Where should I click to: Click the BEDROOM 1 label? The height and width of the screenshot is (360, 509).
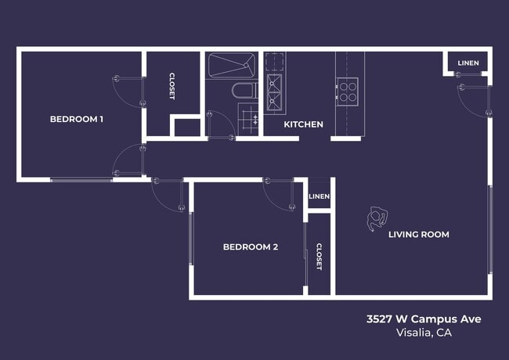77,120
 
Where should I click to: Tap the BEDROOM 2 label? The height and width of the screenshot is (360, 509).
251,247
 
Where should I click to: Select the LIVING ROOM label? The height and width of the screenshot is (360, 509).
418,234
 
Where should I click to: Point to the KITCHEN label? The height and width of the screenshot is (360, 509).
303,124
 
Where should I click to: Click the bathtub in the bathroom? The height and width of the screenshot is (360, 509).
232,65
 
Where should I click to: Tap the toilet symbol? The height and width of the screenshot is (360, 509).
244,91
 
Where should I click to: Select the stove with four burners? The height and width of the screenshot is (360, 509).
347,92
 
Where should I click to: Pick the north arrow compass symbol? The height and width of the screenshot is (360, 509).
376,219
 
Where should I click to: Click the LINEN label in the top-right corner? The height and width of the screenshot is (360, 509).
468,63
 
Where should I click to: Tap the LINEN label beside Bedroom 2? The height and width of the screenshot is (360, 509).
319,196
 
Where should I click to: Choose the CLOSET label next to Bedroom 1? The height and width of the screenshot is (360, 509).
172,86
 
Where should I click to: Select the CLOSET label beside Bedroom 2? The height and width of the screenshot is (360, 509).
319,257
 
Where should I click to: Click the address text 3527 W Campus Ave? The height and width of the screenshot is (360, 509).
424,319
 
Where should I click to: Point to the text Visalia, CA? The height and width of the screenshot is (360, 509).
424,333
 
